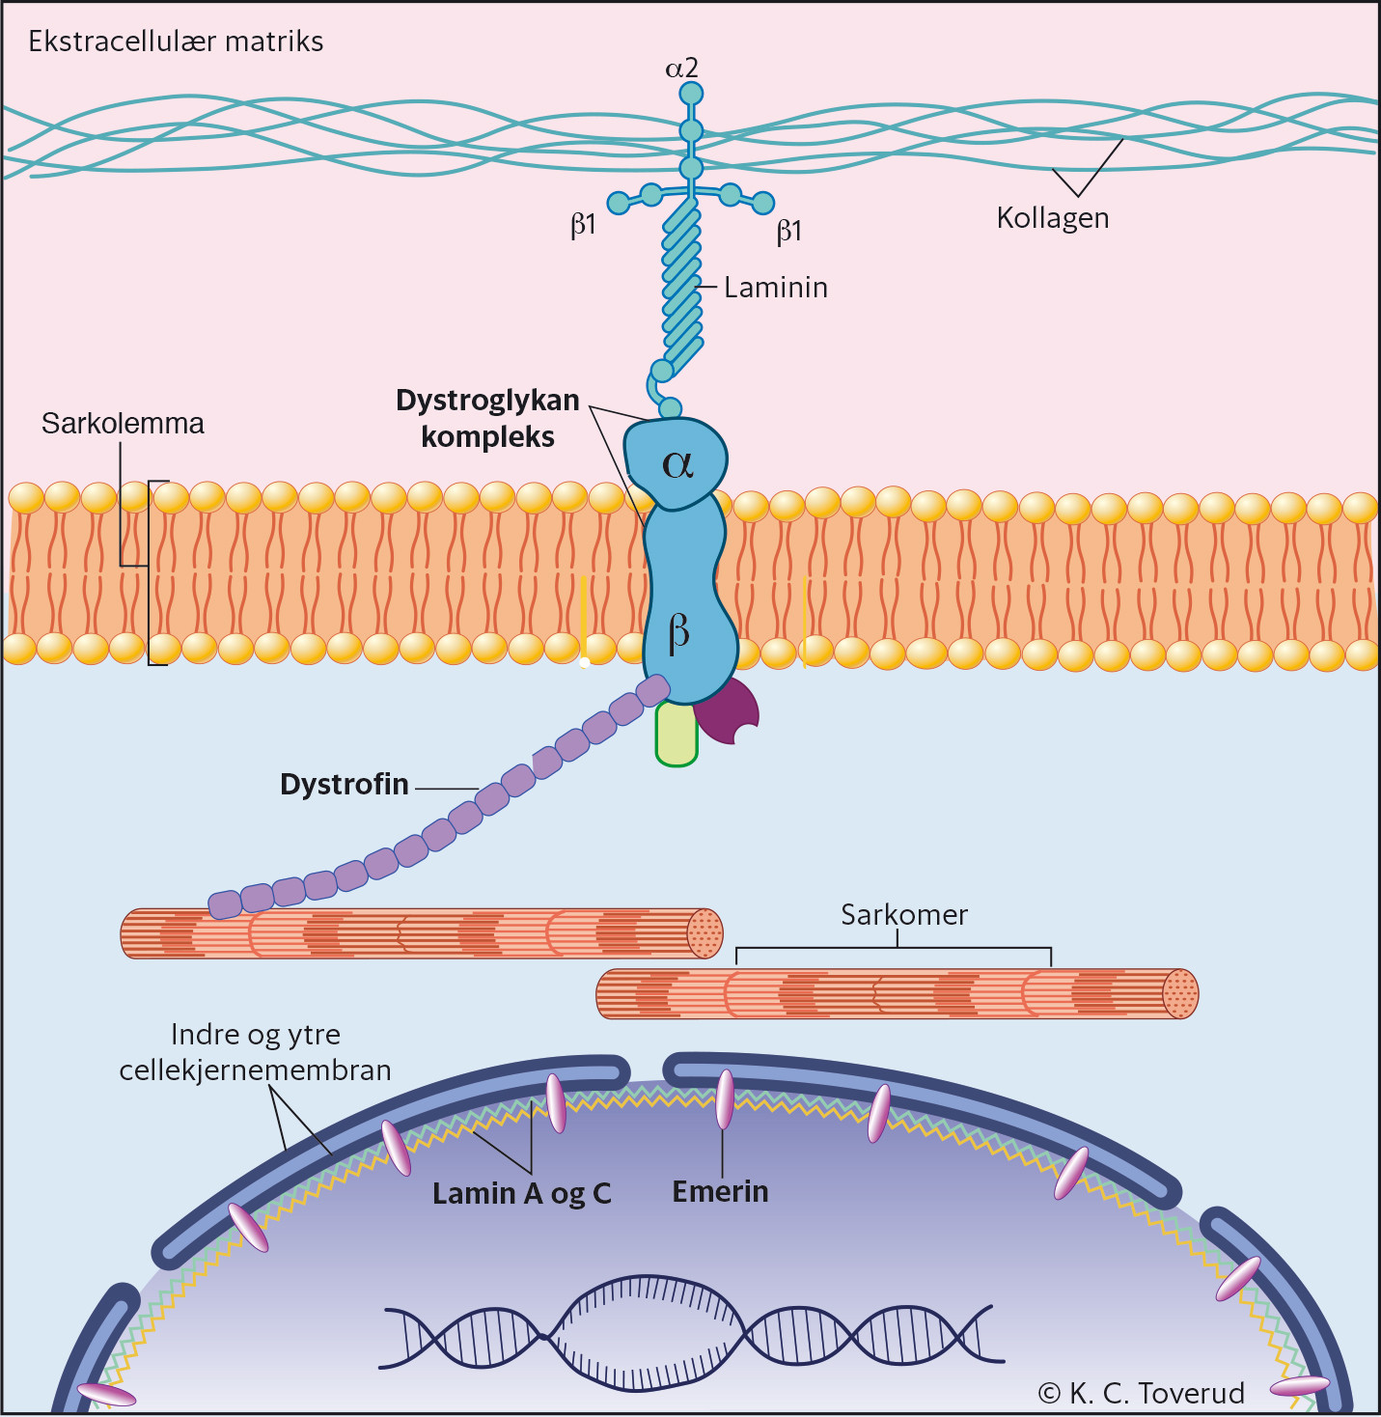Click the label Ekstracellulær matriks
(x=176, y=42)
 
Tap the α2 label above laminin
(x=681, y=69)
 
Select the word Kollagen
(x=1052, y=218)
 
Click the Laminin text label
(x=776, y=288)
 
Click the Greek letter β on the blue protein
(x=678, y=633)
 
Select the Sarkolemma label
(x=123, y=424)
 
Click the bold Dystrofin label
(x=344, y=784)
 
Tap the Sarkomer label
(x=903, y=915)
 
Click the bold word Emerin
(x=720, y=1192)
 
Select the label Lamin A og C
(x=521, y=1194)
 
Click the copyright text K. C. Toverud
(x=1141, y=1393)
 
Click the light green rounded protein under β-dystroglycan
(x=677, y=736)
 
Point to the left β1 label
(x=583, y=226)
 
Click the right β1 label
(x=789, y=232)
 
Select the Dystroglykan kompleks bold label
(x=487, y=418)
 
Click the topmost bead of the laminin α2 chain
(x=691, y=94)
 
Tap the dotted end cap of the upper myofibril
(x=704, y=933)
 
